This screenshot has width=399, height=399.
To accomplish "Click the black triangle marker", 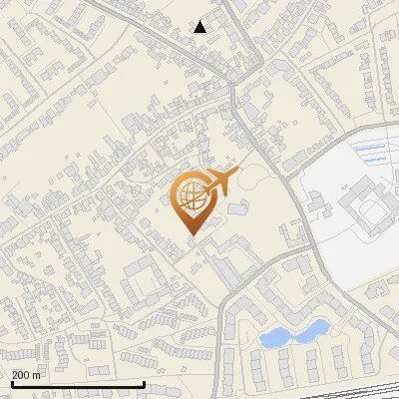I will (x=200, y=27).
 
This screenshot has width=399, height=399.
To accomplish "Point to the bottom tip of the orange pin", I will (x=192, y=234).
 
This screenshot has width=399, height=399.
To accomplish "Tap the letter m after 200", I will (x=38, y=375).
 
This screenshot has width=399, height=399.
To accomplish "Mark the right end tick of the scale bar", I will (x=145, y=383).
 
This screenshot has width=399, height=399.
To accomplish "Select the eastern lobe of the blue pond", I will (x=313, y=328).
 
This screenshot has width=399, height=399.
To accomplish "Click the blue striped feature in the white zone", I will (x=369, y=152).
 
